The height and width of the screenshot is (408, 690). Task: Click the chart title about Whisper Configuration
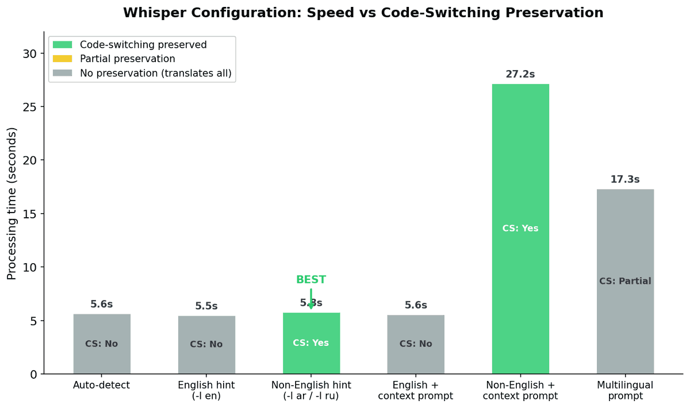(363, 13)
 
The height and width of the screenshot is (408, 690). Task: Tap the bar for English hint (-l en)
(206, 345)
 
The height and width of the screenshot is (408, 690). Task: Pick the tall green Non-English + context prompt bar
(520, 172)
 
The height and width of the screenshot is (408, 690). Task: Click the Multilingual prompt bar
(625, 241)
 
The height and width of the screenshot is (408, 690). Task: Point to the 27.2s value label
(520, 74)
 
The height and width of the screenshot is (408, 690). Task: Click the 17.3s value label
(625, 179)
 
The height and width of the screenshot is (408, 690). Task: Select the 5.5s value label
(206, 306)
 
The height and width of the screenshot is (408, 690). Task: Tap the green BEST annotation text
(311, 280)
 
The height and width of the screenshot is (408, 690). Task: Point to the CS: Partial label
(625, 281)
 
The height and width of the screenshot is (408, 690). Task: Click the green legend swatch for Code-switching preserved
(63, 44)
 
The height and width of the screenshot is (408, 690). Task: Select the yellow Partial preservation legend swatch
(63, 59)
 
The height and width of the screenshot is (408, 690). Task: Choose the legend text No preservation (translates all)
(156, 73)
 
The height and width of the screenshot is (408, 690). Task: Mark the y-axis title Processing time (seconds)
(12, 203)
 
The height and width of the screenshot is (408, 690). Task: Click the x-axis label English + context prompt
(416, 390)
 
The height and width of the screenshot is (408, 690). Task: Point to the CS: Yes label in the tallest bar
(520, 228)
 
